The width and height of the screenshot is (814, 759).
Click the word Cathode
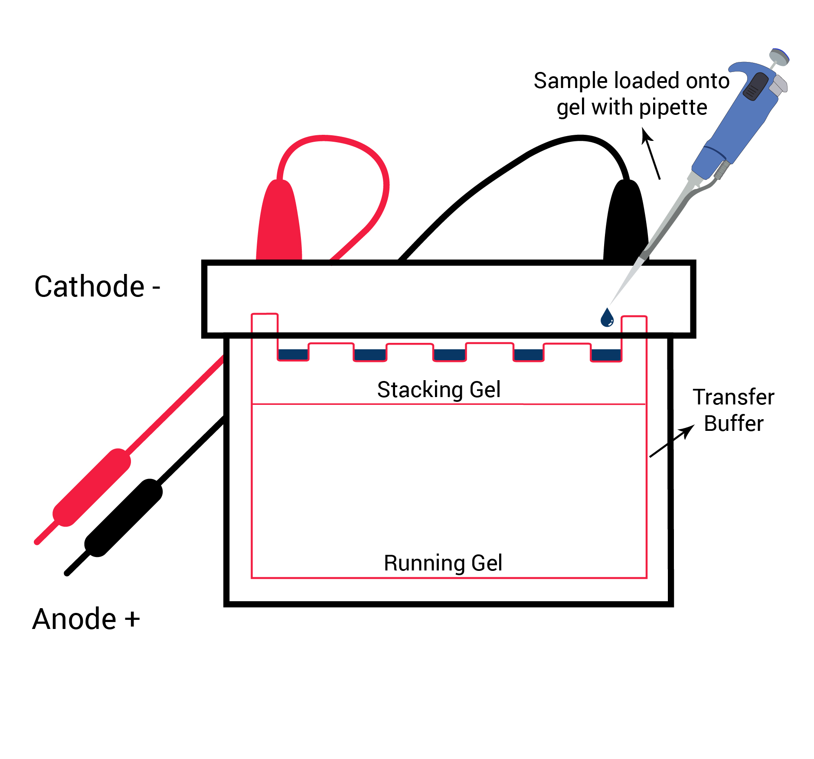click(89, 287)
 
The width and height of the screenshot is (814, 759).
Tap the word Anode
click(75, 619)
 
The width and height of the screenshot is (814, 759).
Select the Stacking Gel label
click(438, 389)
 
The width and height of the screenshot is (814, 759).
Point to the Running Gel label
click(443, 563)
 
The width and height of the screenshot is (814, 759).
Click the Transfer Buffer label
click(733, 410)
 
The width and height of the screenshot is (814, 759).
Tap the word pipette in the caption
click(673, 107)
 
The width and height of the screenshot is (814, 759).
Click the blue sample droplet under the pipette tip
click(607, 318)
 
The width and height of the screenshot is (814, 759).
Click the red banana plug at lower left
click(92, 488)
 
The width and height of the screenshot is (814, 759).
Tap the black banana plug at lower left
click(124, 518)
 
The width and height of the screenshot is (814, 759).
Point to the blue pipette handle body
click(737, 126)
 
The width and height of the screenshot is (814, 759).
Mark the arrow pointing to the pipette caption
click(651, 153)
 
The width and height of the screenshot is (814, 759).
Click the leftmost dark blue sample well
click(293, 355)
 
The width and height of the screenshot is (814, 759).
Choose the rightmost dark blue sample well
click(606, 355)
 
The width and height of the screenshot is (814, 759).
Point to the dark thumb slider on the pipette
click(755, 87)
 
